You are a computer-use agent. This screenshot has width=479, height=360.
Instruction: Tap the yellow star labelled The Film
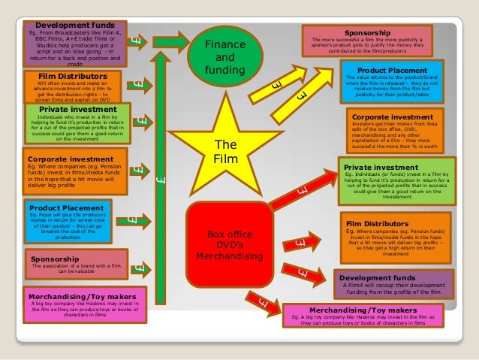225,150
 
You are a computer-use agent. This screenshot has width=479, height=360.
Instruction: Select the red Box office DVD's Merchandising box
229,244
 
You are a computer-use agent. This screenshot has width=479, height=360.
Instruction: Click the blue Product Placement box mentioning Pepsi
68,221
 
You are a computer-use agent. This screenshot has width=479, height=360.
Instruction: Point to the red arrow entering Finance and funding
183,37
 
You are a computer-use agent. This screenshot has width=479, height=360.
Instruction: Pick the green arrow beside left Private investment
140,121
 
